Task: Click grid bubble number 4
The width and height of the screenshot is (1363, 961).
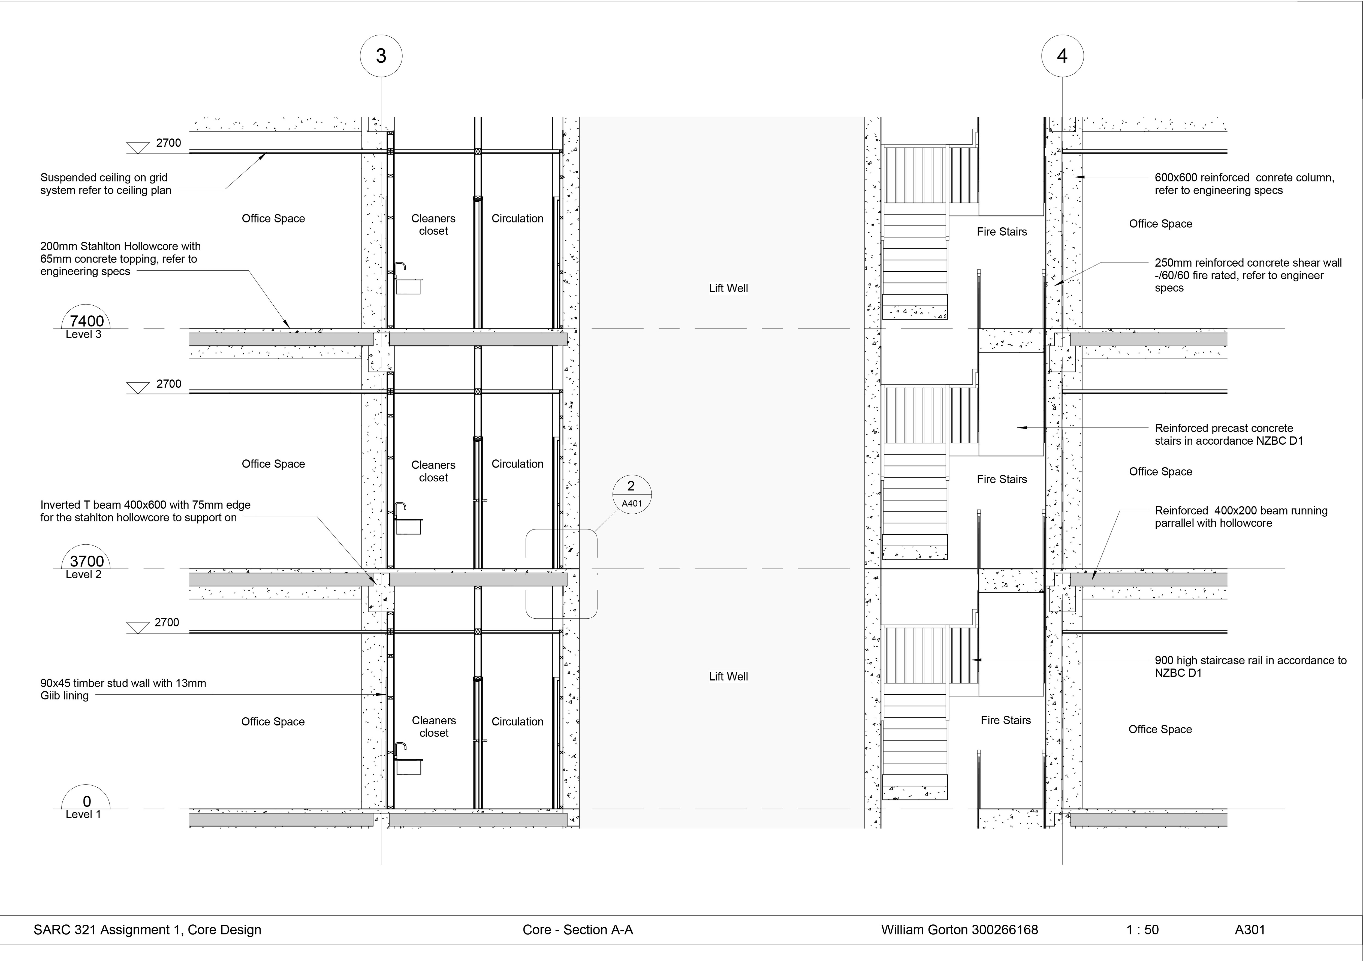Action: (1062, 56)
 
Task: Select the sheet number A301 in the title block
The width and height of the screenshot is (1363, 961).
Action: (1250, 930)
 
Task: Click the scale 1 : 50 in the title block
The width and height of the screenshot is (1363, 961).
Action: (1142, 930)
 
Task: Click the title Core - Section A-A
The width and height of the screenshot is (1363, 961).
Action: (578, 930)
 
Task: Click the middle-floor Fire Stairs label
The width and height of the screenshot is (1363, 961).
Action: (1002, 479)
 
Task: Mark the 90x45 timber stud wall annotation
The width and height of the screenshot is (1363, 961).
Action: (123, 689)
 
